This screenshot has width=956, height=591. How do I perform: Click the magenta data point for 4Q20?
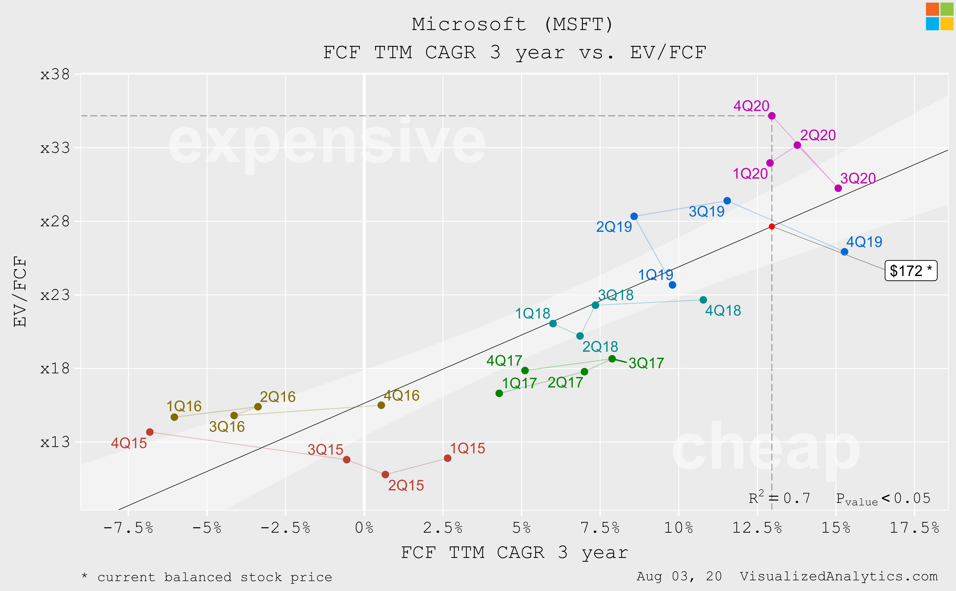tap(772, 116)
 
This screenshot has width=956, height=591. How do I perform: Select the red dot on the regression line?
tap(772, 226)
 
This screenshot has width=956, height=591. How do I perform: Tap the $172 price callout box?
tap(911, 270)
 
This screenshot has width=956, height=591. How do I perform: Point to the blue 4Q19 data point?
tap(844, 252)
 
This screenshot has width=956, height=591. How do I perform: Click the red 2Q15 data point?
tap(385, 474)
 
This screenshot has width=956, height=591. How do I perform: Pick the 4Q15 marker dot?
tap(150, 432)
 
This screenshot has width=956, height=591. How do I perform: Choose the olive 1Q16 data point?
tap(174, 417)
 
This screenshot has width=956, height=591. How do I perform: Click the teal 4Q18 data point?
tap(703, 300)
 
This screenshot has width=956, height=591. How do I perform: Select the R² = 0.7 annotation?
tap(779, 498)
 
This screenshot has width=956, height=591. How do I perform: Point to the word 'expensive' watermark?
tap(327, 143)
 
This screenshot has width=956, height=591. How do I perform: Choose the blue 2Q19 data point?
tap(634, 216)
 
